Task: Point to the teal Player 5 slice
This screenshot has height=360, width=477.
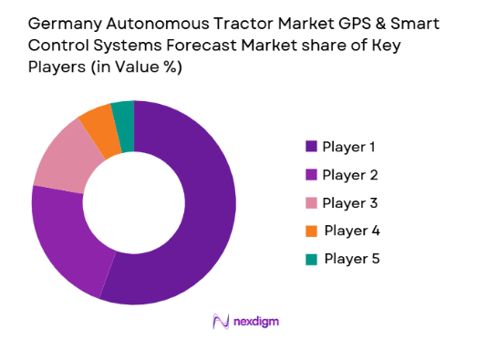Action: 123,113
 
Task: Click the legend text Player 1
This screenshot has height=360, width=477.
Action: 349,147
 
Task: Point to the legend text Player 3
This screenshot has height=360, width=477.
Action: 349,203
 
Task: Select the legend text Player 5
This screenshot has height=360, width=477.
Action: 351,259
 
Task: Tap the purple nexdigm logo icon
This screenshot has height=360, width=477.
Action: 220,322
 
